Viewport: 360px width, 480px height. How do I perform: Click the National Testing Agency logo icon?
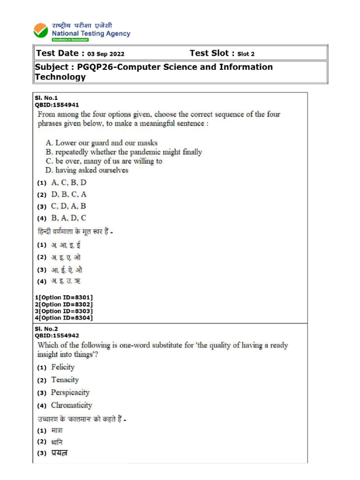[41, 31]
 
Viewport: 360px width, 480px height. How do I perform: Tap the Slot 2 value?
[246, 54]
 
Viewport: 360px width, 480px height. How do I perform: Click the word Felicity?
[63, 367]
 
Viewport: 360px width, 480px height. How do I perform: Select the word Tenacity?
[65, 380]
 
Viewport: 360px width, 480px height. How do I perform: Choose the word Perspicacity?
[70, 392]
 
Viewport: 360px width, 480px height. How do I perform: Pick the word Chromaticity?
[71, 405]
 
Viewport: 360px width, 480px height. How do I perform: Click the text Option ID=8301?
[66, 298]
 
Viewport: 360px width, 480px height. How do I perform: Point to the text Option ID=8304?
[66, 318]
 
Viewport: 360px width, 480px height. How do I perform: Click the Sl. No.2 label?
[46, 329]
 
